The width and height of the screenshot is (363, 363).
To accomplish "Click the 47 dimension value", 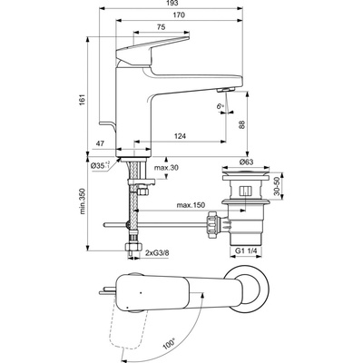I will [100, 143].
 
